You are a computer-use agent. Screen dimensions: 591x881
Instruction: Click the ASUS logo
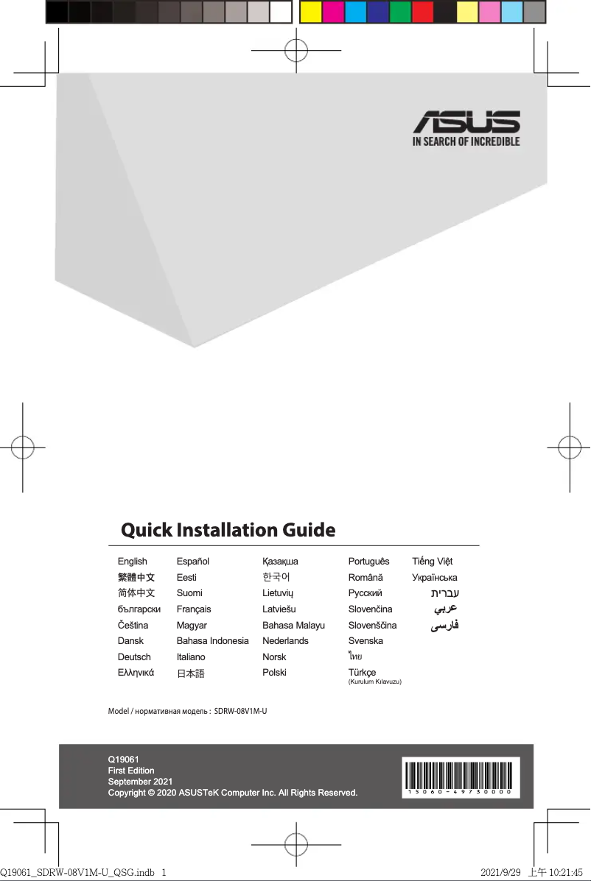466,122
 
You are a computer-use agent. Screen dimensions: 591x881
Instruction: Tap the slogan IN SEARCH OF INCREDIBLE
466,141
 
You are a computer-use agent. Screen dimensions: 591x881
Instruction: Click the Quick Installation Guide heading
228,530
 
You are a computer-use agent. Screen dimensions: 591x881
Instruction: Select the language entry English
133,562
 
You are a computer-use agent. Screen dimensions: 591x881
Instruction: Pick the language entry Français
194,609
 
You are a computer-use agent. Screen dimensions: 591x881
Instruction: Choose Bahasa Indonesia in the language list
212,641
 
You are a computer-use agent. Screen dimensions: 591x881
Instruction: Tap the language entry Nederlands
285,641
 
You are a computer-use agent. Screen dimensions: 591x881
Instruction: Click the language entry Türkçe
362,673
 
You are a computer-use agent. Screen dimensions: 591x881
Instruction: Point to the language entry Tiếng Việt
433,562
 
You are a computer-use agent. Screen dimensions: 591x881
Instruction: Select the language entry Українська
435,578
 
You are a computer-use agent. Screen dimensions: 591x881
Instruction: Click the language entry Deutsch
134,657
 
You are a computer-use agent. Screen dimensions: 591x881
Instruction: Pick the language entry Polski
274,673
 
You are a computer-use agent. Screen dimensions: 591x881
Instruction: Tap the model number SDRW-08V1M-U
240,712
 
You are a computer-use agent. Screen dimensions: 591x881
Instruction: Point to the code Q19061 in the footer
124,759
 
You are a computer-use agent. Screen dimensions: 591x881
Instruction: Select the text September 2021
141,782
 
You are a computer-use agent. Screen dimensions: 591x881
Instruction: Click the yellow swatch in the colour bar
310,12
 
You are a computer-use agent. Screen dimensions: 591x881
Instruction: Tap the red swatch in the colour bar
422,12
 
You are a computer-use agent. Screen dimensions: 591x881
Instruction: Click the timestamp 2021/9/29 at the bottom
500,872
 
